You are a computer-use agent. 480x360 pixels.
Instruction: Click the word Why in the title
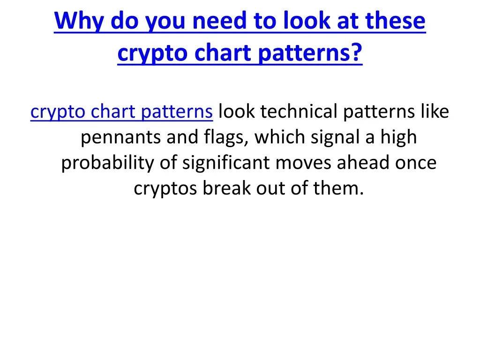[79, 21]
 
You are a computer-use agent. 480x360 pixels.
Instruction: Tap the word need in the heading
[219, 20]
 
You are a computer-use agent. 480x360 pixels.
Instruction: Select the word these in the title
[395, 20]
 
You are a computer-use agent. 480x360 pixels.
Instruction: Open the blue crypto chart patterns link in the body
[121, 112]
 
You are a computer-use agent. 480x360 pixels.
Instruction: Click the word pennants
[120, 138]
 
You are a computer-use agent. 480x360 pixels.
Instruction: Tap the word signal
[335, 137]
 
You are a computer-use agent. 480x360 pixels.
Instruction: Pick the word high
[398, 137]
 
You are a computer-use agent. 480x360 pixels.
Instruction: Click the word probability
[107, 163]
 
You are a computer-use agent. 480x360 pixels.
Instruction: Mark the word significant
[226, 163]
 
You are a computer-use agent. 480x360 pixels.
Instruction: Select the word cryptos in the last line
[165, 189]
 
